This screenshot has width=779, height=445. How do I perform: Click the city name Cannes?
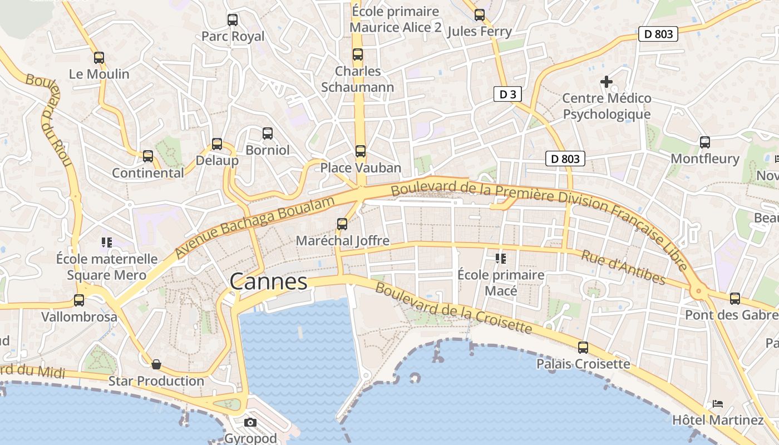pyautogui.click(x=268, y=281)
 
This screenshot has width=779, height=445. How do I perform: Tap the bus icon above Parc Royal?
pyautogui.click(x=233, y=20)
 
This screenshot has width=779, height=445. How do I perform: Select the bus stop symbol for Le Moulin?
pyautogui.click(x=99, y=57)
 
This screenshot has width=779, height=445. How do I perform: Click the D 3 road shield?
pyautogui.click(x=507, y=94)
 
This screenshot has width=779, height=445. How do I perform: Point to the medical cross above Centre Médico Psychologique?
pyautogui.click(x=607, y=82)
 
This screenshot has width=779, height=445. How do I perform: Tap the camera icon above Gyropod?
pyautogui.click(x=250, y=422)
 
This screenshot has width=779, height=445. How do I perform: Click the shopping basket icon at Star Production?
pyautogui.click(x=156, y=364)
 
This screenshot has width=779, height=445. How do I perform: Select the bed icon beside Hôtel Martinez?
pyautogui.click(x=718, y=403)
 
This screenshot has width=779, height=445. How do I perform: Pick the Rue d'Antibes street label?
pyautogui.click(x=623, y=267)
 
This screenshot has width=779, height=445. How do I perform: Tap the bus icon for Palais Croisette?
pyautogui.click(x=583, y=348)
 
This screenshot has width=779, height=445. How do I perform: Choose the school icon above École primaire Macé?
pyautogui.click(x=501, y=258)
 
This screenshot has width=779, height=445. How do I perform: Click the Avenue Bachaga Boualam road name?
pyautogui.click(x=256, y=226)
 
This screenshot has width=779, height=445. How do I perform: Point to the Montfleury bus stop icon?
pyautogui.click(x=705, y=142)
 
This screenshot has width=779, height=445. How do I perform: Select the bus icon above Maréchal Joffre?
pyautogui.click(x=342, y=224)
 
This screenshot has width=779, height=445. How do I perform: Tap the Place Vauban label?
pyautogui.click(x=361, y=167)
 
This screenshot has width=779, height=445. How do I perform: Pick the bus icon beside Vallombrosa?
pyautogui.click(x=79, y=300)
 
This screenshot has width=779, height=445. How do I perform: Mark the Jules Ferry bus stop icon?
pyautogui.click(x=480, y=15)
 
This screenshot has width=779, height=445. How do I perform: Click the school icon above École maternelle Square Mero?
pyautogui.click(x=107, y=242)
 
